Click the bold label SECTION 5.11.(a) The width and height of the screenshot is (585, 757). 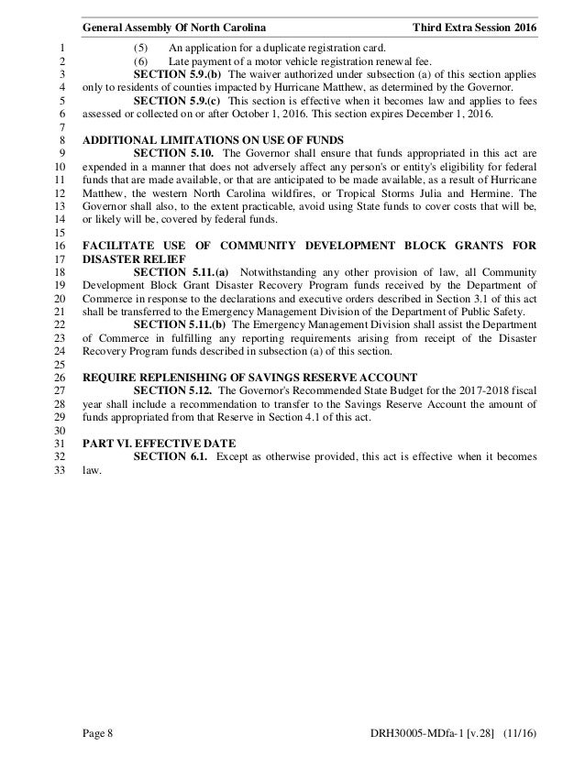(x=182, y=272)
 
